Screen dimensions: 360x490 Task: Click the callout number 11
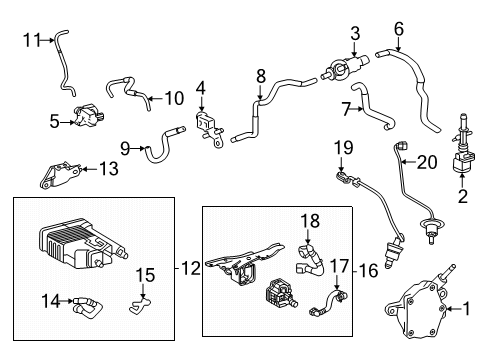(x=31, y=40)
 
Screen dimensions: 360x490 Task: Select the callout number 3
(x=354, y=36)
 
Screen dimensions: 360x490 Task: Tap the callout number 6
(x=397, y=29)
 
